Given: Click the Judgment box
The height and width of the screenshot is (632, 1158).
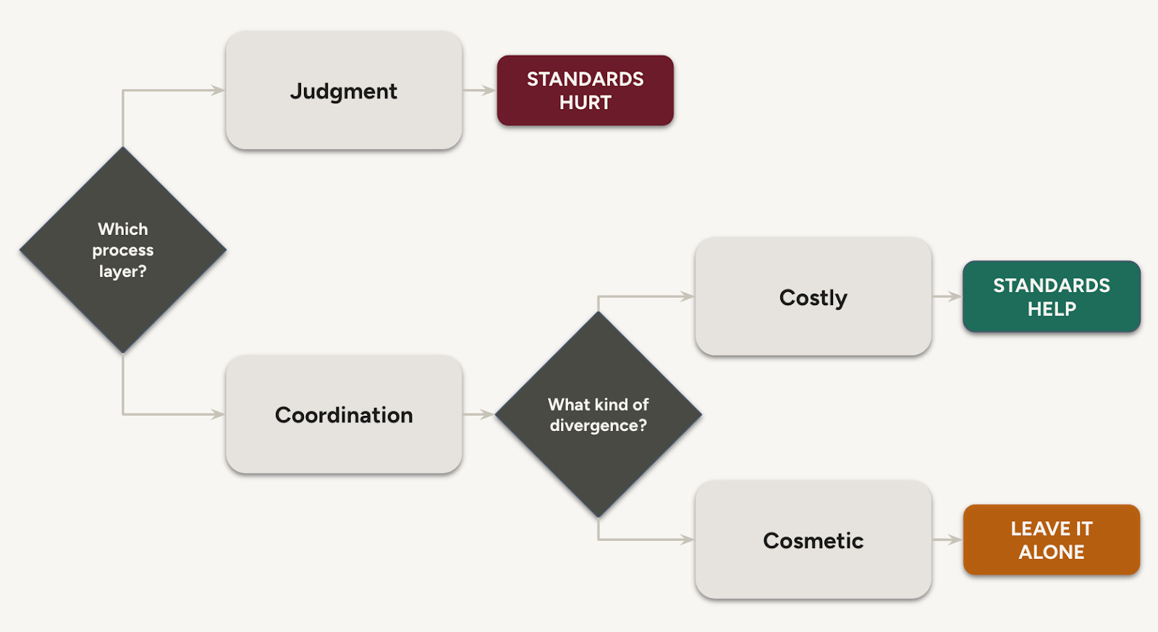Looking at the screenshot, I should (344, 90).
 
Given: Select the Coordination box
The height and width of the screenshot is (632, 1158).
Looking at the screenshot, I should (344, 414).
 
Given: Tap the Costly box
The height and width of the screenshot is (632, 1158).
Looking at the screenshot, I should (813, 296).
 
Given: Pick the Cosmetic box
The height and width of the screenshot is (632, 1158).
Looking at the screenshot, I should (813, 539).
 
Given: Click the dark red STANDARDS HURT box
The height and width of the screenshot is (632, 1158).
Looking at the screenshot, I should (585, 90).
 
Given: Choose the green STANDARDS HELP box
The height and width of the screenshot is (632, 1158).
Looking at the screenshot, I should (1051, 296).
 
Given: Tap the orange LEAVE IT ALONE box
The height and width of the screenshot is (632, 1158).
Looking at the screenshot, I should (1051, 539).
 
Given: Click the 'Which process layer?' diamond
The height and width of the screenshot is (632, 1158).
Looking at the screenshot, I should (123, 250).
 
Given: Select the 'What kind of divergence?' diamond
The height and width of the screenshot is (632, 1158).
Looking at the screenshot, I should (599, 414).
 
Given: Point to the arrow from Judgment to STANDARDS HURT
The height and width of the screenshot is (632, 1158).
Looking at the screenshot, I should (478, 90).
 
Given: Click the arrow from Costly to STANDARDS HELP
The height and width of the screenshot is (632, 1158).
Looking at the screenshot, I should (946, 296).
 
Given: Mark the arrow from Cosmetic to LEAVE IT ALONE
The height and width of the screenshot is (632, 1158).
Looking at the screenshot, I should (946, 539).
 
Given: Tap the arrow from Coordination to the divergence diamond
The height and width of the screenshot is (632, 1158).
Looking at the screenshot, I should (478, 414).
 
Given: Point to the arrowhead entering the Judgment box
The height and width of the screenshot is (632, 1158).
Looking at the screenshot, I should (218, 90).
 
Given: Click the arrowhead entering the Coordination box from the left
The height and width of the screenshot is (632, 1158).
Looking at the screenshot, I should (218, 414).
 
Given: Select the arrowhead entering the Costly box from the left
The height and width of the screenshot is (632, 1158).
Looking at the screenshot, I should (687, 296).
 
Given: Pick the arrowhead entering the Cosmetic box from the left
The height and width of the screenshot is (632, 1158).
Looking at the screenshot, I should (687, 539).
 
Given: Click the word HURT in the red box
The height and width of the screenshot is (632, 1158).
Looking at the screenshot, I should (585, 103).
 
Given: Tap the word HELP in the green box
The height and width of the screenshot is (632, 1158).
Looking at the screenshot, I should (1051, 309).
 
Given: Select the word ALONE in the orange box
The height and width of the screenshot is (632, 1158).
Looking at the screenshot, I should (1051, 552).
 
